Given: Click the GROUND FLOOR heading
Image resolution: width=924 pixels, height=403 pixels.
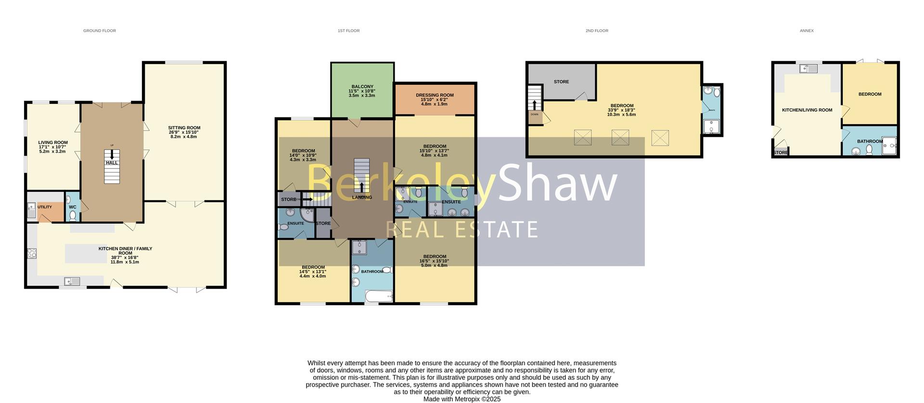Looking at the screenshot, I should [100, 31].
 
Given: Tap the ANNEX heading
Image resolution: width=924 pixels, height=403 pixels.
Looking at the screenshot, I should [807, 31].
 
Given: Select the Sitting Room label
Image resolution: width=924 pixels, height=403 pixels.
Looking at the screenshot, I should [184, 128].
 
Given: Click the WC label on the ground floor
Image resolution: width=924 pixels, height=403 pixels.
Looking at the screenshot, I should [73, 207].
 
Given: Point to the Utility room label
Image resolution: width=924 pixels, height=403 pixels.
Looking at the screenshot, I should [45, 207].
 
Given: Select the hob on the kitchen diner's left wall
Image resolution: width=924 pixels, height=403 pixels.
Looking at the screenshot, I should [32, 253].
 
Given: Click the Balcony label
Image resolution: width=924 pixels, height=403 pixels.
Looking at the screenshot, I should [362, 87].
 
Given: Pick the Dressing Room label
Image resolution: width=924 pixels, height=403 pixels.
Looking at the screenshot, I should [435, 95].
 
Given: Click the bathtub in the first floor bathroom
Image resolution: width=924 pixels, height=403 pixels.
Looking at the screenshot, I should [379, 296].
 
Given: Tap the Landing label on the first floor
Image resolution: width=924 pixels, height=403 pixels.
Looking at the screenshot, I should [362, 197].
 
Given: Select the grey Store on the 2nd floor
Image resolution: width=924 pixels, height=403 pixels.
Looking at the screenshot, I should [561, 82].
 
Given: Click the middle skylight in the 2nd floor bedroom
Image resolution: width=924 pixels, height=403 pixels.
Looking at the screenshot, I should [620, 137].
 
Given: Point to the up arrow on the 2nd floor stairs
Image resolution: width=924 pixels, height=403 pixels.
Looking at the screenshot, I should [535, 104].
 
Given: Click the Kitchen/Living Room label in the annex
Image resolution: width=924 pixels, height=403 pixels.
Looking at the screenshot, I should [807, 110].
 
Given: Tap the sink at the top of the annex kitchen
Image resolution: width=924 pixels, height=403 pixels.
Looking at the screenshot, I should [808, 69].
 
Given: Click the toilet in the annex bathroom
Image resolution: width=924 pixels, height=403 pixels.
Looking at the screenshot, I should [869, 150].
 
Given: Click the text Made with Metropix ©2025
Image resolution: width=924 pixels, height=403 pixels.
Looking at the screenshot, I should [462, 399].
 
